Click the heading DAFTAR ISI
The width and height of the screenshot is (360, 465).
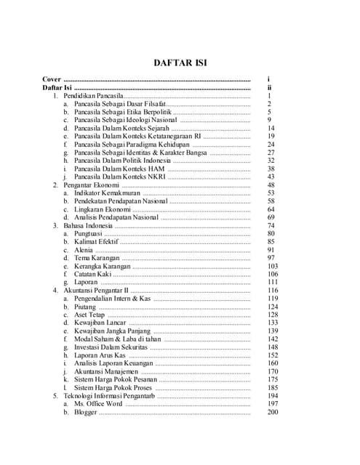[x=180, y=63]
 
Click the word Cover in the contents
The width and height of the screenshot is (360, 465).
[x=51, y=79]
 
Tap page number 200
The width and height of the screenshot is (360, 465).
[x=273, y=412]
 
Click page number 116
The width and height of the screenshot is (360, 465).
[x=273, y=290]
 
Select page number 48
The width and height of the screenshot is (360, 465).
[x=271, y=185]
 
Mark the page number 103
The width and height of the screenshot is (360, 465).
[x=273, y=266]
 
